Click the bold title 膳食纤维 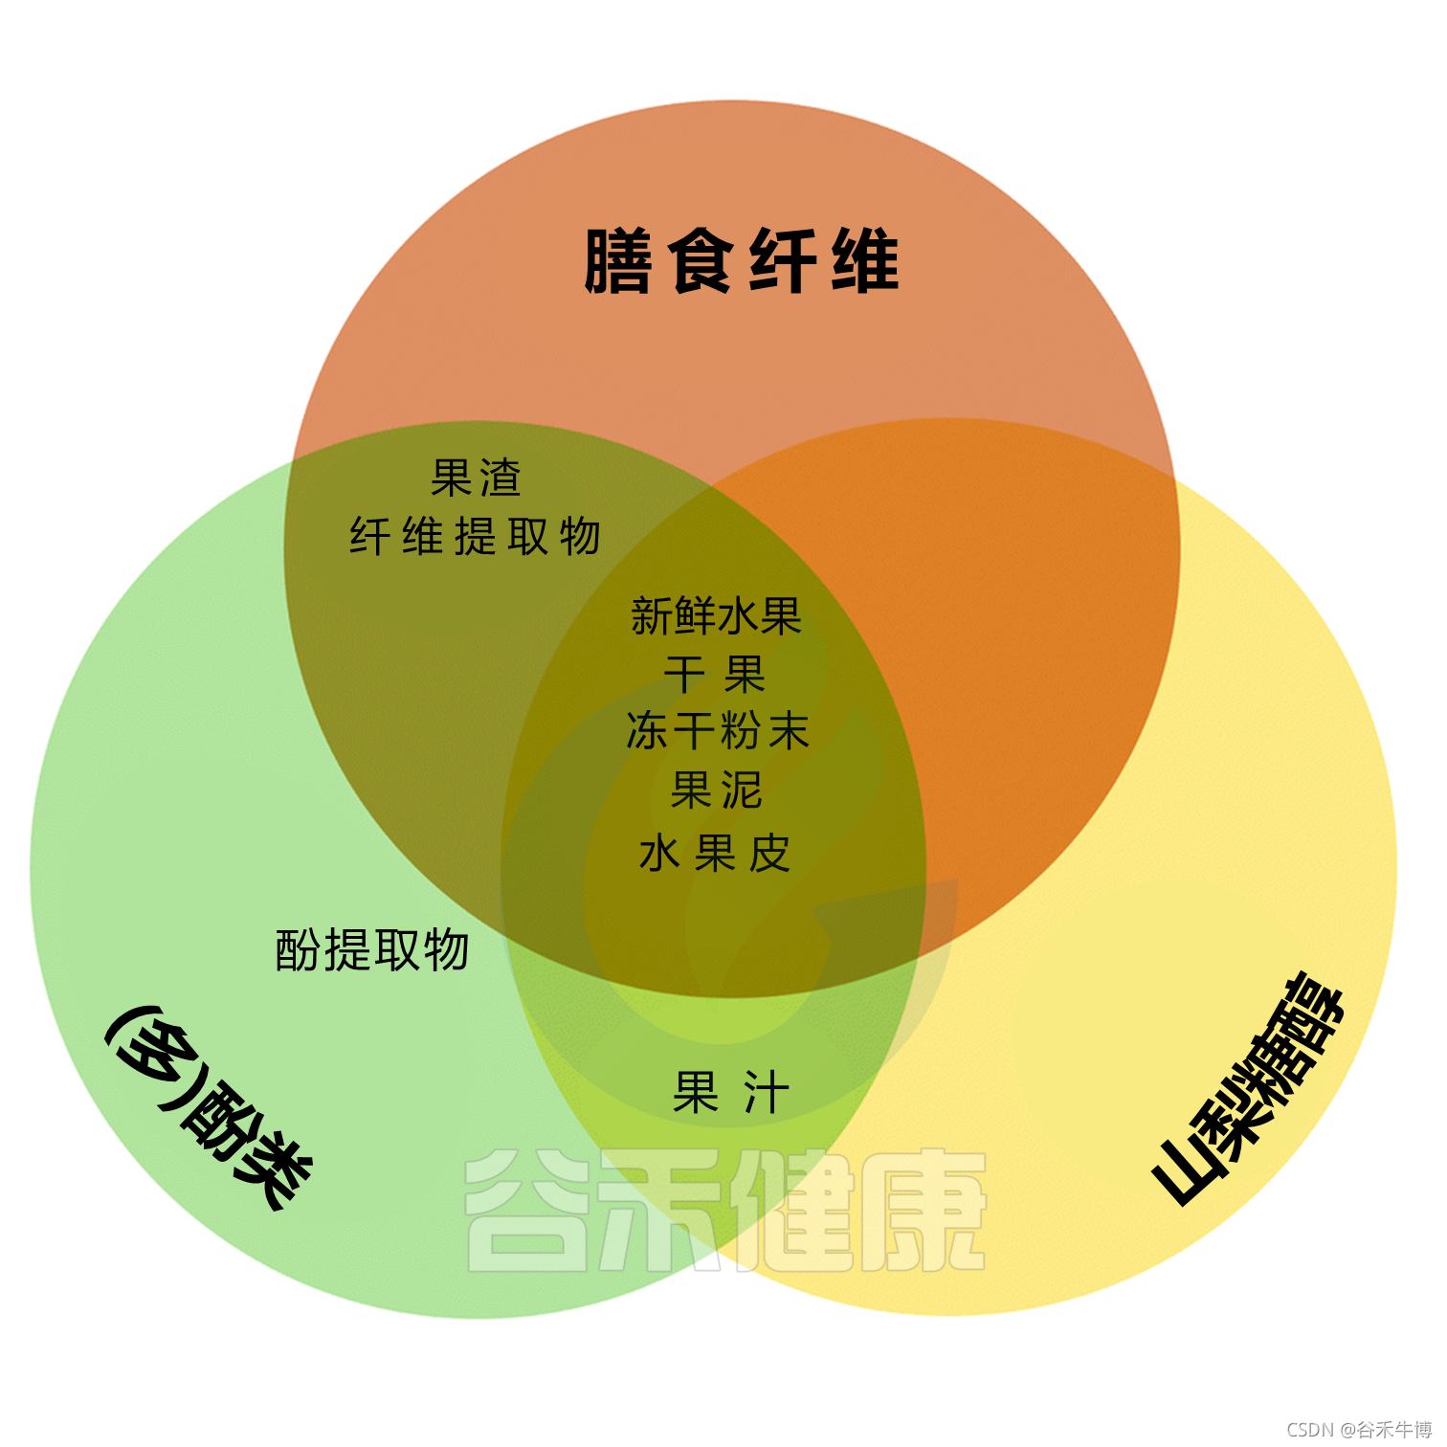pyautogui.click(x=742, y=260)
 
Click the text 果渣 pyautogui.click(x=476, y=478)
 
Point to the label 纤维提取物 pyautogui.click(x=475, y=536)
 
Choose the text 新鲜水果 pyautogui.click(x=716, y=615)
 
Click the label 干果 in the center pyautogui.click(x=715, y=675)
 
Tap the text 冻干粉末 pyautogui.click(x=717, y=731)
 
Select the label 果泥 pyautogui.click(x=716, y=790)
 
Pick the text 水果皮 pyautogui.click(x=715, y=854)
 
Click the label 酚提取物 pyautogui.click(x=372, y=949)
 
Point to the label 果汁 pyautogui.click(x=731, y=1092)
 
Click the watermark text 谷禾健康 pyautogui.click(x=725, y=1211)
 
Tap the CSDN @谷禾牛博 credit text pyautogui.click(x=1359, y=1429)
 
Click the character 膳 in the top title pyautogui.click(x=618, y=260)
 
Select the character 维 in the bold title pyautogui.click(x=866, y=260)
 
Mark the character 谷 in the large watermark pyautogui.click(x=525, y=1211)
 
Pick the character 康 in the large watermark pyautogui.click(x=924, y=1211)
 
